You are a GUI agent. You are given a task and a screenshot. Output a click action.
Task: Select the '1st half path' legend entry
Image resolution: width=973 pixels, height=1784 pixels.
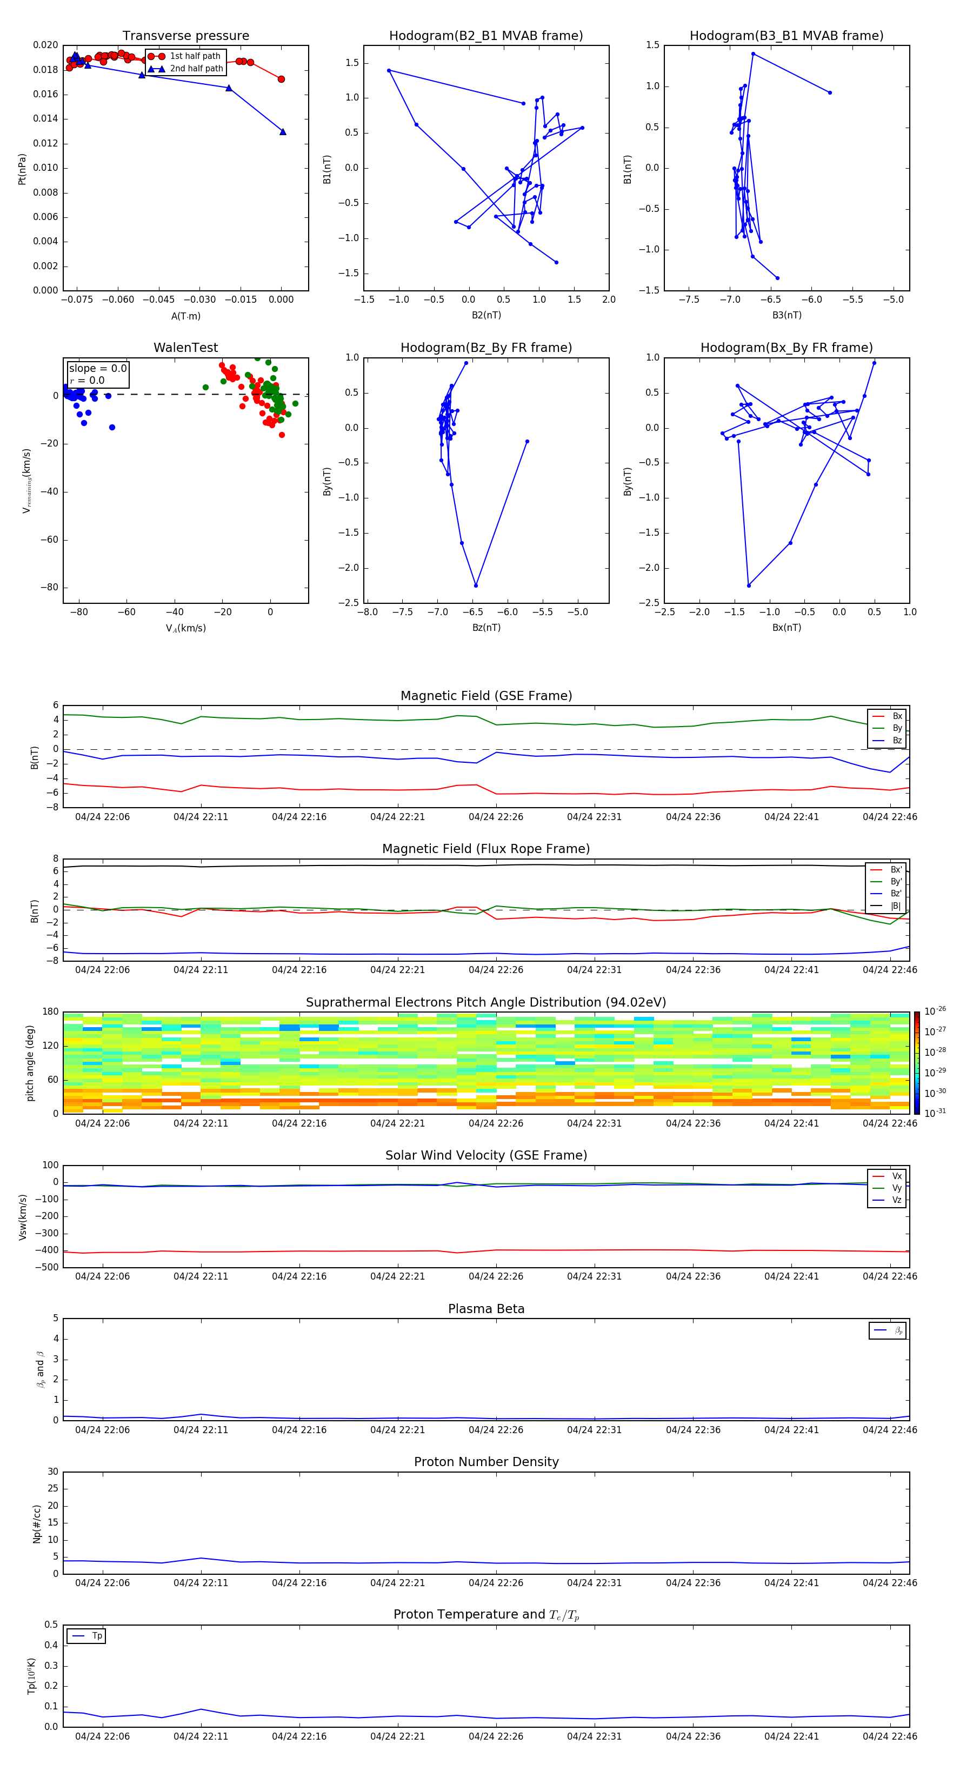pyautogui.click(x=195, y=56)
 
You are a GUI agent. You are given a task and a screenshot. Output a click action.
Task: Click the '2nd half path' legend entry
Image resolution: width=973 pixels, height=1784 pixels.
pyautogui.click(x=196, y=69)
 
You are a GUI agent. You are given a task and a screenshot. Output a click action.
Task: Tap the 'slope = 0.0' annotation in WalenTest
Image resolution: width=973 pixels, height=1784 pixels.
pyautogui.click(x=98, y=369)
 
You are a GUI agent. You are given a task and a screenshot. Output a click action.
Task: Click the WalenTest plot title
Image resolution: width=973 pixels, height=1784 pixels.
pyautogui.click(x=185, y=348)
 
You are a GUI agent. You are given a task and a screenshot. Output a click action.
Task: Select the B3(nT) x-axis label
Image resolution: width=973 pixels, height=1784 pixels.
pyautogui.click(x=787, y=315)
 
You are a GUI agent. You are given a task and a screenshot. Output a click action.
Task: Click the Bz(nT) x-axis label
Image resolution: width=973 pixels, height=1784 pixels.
pyautogui.click(x=486, y=628)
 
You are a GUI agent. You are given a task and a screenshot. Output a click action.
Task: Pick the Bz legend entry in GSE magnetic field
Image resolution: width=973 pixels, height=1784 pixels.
pyautogui.click(x=896, y=740)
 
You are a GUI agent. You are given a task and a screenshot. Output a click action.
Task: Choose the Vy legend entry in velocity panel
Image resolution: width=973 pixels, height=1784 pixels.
pyautogui.click(x=896, y=1188)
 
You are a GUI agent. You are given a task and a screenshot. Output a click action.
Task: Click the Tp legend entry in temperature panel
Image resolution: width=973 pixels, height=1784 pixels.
pyautogui.click(x=96, y=1636)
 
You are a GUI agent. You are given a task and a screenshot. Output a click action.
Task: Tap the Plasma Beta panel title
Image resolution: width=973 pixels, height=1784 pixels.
pyautogui.click(x=486, y=1309)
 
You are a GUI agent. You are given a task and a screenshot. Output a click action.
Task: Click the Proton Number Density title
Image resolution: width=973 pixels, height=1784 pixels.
pyautogui.click(x=486, y=1462)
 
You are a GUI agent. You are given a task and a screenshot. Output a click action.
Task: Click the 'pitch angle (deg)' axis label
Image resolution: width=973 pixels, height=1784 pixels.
pyautogui.click(x=30, y=1062)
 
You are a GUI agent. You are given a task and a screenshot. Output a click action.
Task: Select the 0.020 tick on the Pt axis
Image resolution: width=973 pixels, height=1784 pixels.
pyautogui.click(x=46, y=45)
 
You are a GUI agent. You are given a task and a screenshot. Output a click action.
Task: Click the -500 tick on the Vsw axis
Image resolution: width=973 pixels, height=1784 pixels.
pyautogui.click(x=49, y=1267)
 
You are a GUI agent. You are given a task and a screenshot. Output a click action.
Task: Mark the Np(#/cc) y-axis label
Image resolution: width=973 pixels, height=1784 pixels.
pyautogui.click(x=37, y=1523)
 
